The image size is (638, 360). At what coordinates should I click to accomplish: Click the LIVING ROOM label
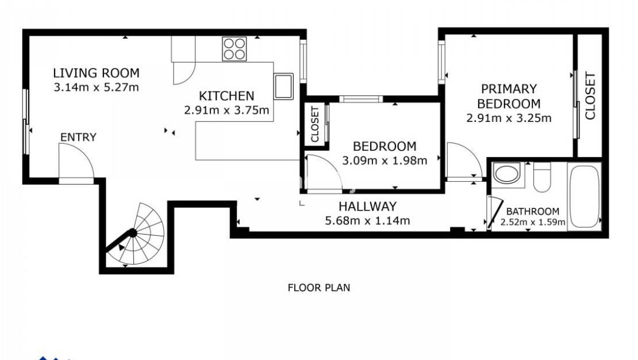96,73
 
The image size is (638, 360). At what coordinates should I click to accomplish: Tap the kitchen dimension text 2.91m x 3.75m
226,110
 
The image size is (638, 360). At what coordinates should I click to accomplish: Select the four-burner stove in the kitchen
235,48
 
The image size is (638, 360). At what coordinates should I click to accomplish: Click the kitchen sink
283,86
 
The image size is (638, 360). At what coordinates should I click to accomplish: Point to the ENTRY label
78,137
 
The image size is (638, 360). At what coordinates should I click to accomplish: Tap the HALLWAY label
367,206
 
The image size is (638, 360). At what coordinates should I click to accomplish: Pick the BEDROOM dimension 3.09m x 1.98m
385,161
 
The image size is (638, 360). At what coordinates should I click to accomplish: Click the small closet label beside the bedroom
315,124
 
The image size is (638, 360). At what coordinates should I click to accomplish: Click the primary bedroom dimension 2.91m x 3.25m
509,118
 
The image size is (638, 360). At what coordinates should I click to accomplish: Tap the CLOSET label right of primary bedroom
590,95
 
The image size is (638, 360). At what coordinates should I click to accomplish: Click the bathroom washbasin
507,173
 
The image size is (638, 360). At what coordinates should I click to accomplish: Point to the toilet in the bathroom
542,177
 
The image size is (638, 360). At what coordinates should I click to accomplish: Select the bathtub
584,196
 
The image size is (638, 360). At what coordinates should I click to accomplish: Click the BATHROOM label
532,212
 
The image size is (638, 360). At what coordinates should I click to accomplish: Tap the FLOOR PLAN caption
318,288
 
